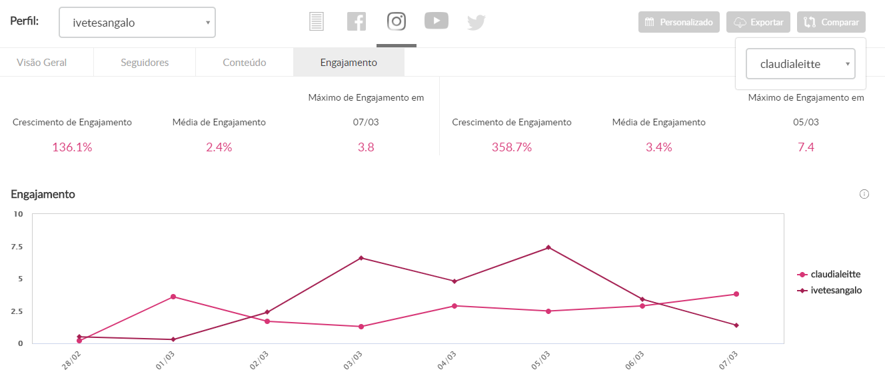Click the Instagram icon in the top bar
click(x=397, y=21)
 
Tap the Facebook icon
click(x=357, y=21)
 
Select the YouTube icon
click(x=437, y=21)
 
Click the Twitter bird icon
click(x=476, y=22)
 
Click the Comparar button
click(x=831, y=22)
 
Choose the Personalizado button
click(x=679, y=22)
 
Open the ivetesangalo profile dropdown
click(x=137, y=23)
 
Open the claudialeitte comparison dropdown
click(x=800, y=64)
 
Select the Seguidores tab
click(x=145, y=63)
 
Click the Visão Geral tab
click(x=41, y=63)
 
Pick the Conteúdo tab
click(x=244, y=63)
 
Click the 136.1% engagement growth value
click(x=72, y=147)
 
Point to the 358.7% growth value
click(x=512, y=147)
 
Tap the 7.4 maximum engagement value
click(x=806, y=147)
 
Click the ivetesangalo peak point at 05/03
click(x=548, y=247)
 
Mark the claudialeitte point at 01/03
click(x=173, y=297)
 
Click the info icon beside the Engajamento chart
click(x=864, y=194)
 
